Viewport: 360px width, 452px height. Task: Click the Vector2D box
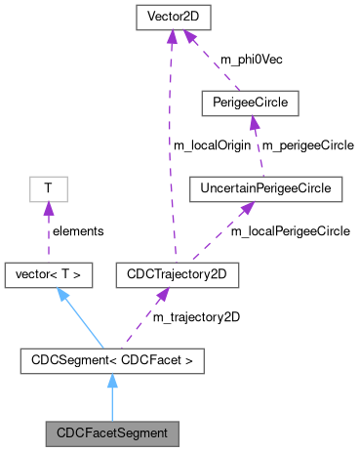172,18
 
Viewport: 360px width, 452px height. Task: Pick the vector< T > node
49,276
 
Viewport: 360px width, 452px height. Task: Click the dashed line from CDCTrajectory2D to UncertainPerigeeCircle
220,233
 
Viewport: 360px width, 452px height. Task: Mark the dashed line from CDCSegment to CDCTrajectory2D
141,319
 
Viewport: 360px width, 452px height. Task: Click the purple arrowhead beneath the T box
47,210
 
